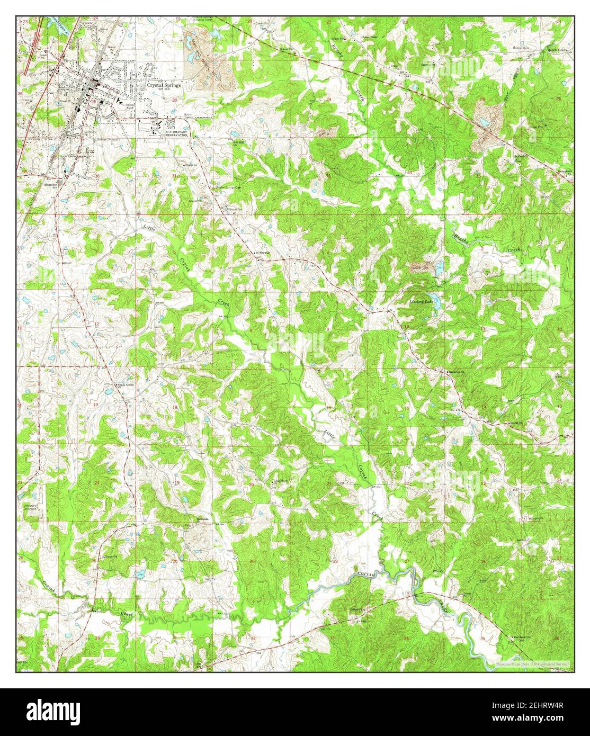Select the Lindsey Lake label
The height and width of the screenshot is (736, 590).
pyautogui.click(x=422, y=301)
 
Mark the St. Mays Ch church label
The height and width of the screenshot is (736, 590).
pyautogui.click(x=263, y=253)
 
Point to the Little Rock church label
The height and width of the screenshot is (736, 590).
pyautogui.click(x=281, y=481)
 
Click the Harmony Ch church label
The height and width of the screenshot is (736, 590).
pyautogui.click(x=455, y=372)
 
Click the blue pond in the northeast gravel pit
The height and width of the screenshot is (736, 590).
pyautogui.click(x=484, y=123)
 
